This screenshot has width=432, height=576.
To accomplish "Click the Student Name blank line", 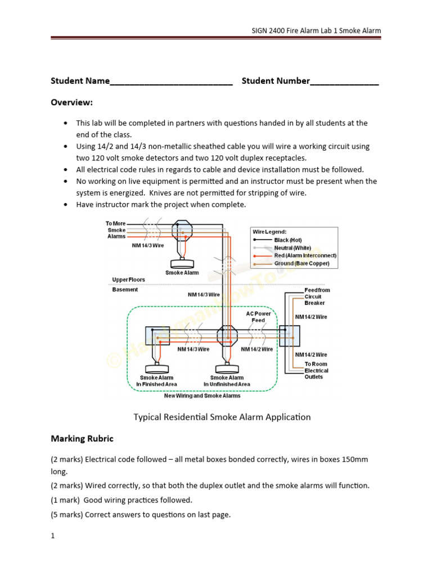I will click(x=171, y=82).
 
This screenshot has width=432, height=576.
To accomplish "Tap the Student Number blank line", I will click(x=344, y=82).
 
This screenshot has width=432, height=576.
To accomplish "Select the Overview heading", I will click(x=71, y=102).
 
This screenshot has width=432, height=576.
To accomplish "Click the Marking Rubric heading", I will click(x=82, y=438).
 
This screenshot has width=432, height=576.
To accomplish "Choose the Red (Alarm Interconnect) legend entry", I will click(x=304, y=255).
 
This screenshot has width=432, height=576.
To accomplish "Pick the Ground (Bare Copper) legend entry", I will click(x=301, y=263).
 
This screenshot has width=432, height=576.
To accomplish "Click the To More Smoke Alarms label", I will click(x=116, y=229).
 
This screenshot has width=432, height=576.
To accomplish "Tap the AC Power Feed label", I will click(x=258, y=317).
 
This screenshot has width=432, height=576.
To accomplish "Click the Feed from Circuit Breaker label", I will click(x=317, y=296).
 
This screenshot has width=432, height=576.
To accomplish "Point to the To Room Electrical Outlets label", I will click(x=317, y=371).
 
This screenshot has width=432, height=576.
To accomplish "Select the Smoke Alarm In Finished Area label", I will click(x=156, y=381).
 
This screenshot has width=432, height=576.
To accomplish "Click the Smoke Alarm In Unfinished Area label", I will click(x=227, y=381).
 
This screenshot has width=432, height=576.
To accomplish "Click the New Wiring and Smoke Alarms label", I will click(x=202, y=395).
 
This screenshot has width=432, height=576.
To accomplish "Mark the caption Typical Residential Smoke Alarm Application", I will click(x=222, y=417).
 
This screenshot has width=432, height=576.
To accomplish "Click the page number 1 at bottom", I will click(x=53, y=536).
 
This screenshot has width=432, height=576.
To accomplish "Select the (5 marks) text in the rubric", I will click(x=66, y=514).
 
